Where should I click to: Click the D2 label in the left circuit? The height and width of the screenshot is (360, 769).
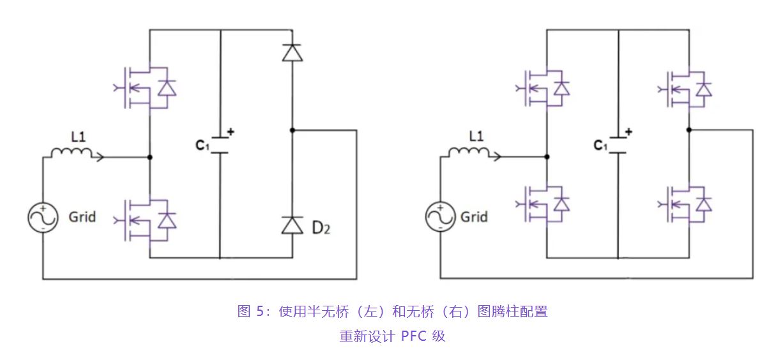[322, 227]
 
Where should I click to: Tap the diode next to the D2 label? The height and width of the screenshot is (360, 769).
[293, 225]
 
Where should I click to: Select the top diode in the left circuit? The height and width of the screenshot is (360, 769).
[293, 52]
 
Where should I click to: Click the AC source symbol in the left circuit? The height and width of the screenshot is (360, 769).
[43, 217]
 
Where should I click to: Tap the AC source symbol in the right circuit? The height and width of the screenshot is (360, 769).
[440, 217]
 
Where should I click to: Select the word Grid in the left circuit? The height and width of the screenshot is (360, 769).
[82, 217]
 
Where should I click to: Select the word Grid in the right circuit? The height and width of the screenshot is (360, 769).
[474, 217]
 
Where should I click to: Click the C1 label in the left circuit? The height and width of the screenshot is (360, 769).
[202, 145]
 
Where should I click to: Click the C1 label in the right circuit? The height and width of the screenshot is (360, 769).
[600, 146]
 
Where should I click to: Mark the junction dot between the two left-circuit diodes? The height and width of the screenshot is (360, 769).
[293, 130]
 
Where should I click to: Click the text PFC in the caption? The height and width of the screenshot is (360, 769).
[413, 336]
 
